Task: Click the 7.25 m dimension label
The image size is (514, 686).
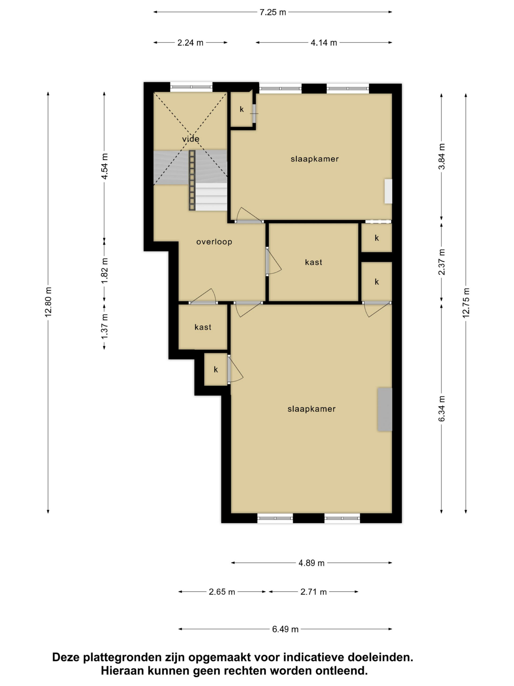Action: coord(272,12)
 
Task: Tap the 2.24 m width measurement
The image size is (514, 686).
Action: coord(190,43)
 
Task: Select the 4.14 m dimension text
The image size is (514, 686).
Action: coord(324,43)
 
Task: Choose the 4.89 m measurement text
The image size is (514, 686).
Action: coord(311,563)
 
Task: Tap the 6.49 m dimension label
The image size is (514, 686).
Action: coord(285,629)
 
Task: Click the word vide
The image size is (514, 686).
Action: coord(191,139)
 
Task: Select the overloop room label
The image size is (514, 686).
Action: coord(214,242)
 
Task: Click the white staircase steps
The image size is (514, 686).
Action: coord(211,197)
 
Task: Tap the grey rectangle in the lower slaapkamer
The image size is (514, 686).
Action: coord(384,409)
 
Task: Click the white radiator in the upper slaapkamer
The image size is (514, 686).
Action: coord(388,191)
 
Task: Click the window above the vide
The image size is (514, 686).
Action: coord(191,87)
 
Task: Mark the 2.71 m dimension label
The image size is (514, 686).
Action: coord(313,592)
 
